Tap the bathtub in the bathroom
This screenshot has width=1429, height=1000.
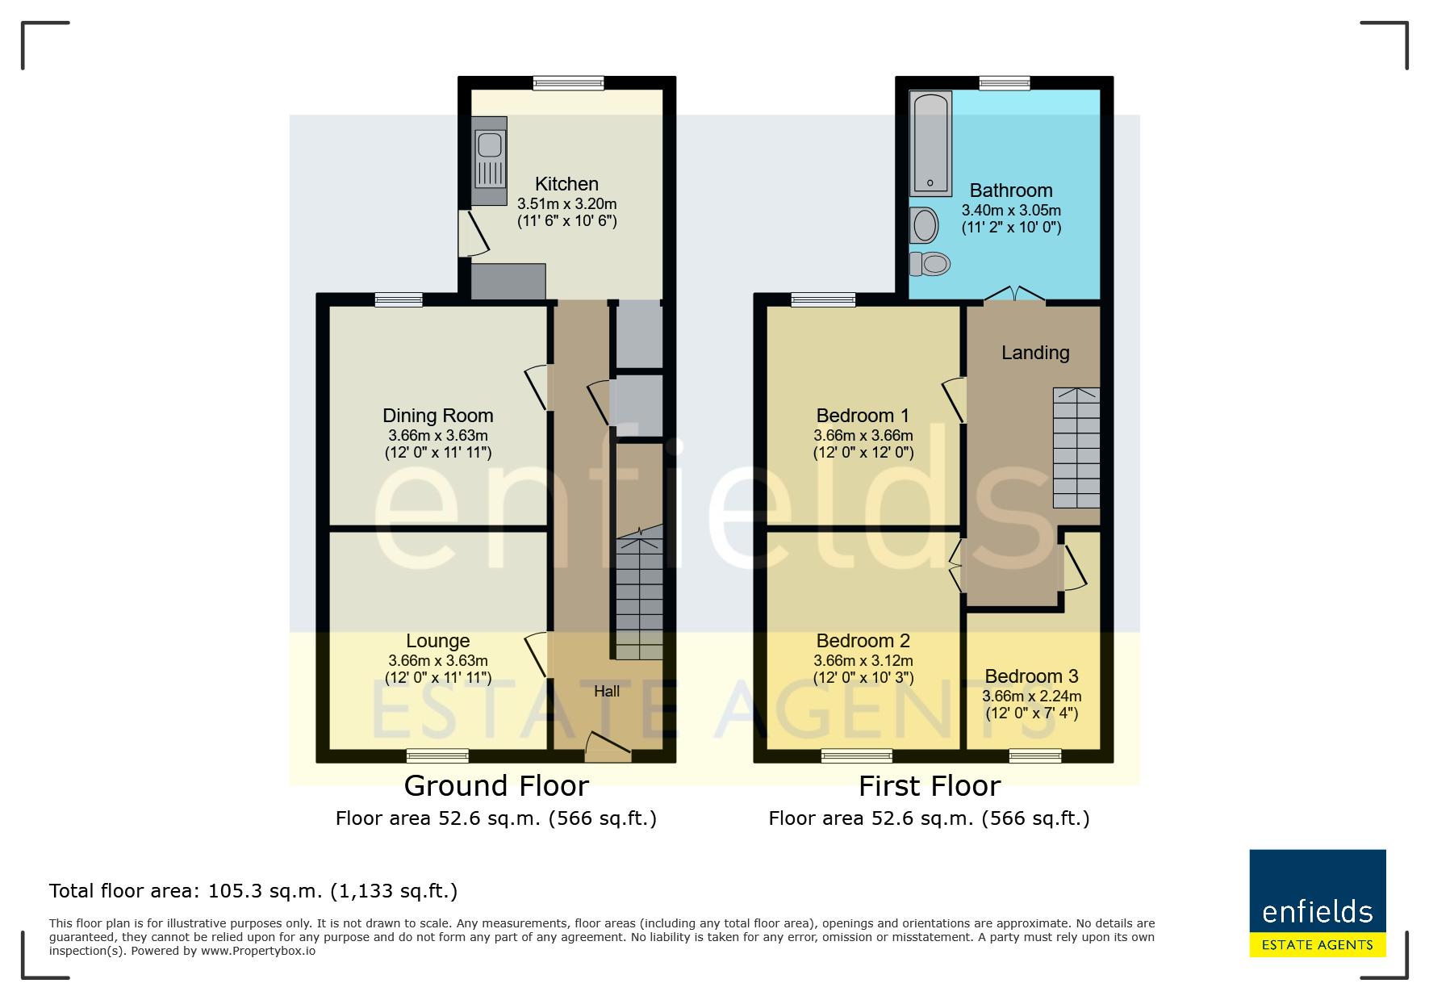point(930,144)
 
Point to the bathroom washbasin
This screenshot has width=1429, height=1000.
point(923,224)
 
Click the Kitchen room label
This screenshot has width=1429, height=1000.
point(566,184)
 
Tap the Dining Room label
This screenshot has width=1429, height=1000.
point(437,416)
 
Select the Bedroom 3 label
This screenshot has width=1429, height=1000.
point(1031,676)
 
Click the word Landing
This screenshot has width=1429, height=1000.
point(1035,353)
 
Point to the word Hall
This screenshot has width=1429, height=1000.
point(607,691)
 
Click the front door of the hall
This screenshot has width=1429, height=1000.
point(608,747)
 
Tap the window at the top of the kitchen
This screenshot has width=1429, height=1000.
point(568,82)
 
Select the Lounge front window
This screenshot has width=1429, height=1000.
point(437,756)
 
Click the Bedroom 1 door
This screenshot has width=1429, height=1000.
point(955,399)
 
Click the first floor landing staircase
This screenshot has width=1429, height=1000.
point(1076,447)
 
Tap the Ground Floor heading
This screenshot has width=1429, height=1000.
point(496,785)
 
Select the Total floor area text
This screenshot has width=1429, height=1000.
point(253,891)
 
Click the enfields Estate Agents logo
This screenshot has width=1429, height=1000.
point(1318,903)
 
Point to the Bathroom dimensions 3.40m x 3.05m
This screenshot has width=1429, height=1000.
point(1011,210)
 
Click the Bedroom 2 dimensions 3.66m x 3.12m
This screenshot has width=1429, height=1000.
point(863,661)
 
